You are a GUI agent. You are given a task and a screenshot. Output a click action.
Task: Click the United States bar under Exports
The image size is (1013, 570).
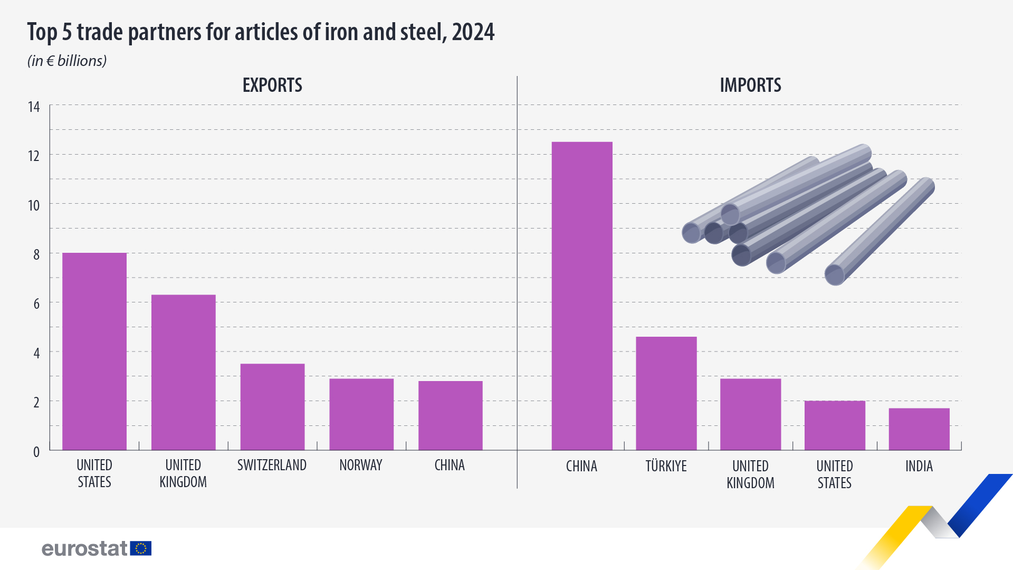click(94, 351)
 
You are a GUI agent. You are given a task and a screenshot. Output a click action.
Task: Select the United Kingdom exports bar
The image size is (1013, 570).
click(183, 372)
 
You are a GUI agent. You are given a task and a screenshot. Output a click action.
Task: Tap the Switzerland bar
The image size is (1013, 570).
click(272, 406)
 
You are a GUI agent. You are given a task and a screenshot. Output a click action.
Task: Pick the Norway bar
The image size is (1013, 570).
click(361, 414)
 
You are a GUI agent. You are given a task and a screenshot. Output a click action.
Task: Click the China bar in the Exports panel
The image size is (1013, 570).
click(450, 415)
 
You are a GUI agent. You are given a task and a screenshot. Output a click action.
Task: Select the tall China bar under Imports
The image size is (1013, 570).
click(582, 296)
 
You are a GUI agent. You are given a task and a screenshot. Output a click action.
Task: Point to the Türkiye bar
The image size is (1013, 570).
click(666, 393)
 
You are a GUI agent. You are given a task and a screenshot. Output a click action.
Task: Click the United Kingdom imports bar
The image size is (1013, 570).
click(750, 414)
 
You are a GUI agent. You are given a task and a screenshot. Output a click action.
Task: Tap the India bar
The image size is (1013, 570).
click(919, 429)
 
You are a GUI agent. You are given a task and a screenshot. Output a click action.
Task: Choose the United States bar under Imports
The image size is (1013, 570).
click(835, 425)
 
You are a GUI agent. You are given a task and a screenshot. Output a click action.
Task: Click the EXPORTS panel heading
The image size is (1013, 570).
click(272, 85)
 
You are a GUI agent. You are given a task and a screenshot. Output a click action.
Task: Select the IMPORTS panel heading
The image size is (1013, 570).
click(750, 85)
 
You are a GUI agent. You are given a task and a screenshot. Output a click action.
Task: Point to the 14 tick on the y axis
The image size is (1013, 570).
click(34, 107)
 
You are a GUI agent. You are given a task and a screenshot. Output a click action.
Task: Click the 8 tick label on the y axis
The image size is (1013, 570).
click(36, 254)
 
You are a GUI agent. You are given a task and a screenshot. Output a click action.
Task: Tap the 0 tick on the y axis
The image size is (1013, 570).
click(36, 452)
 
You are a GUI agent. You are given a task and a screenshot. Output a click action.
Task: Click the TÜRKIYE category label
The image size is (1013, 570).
click(666, 466)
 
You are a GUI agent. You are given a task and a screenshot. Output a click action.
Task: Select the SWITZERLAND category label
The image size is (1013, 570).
click(272, 465)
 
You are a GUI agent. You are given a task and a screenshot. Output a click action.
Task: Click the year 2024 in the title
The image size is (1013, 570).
click(473, 32)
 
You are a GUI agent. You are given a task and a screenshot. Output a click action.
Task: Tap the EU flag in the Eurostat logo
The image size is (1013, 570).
click(141, 548)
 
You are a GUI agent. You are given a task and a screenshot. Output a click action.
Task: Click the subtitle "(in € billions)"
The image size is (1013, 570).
click(67, 61)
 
